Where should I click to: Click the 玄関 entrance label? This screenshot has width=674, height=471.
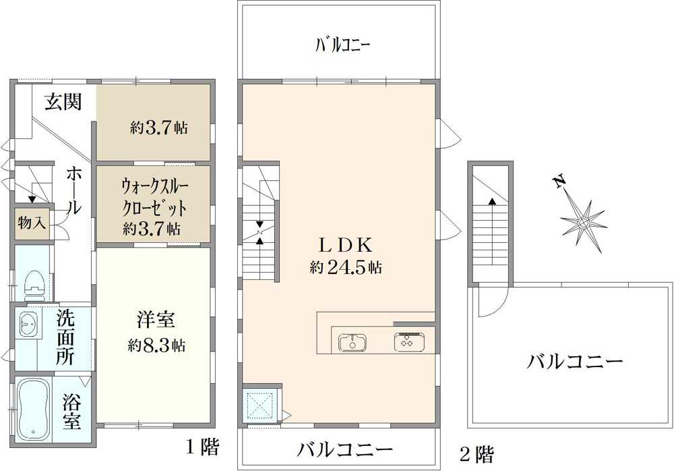click(63, 102)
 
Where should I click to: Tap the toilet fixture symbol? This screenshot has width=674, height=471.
click(34, 285)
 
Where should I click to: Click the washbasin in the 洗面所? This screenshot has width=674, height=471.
click(28, 323)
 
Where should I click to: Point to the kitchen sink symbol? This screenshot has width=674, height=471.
click(353, 343)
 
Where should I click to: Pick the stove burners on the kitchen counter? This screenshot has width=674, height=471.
click(409, 342)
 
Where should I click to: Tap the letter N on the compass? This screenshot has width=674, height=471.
click(559, 182)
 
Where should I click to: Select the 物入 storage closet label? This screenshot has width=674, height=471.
click(32, 223)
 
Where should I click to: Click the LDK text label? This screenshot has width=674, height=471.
click(344, 246)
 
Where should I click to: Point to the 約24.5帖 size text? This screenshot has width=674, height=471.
click(346, 267)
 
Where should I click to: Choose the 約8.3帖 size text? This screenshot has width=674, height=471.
click(156, 345)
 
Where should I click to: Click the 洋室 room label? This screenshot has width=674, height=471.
click(156, 321)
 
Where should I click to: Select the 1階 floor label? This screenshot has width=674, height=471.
click(202, 448)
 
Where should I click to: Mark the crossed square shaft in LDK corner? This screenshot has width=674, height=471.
click(260, 405)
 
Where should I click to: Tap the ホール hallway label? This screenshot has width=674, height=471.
click(73, 191)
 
